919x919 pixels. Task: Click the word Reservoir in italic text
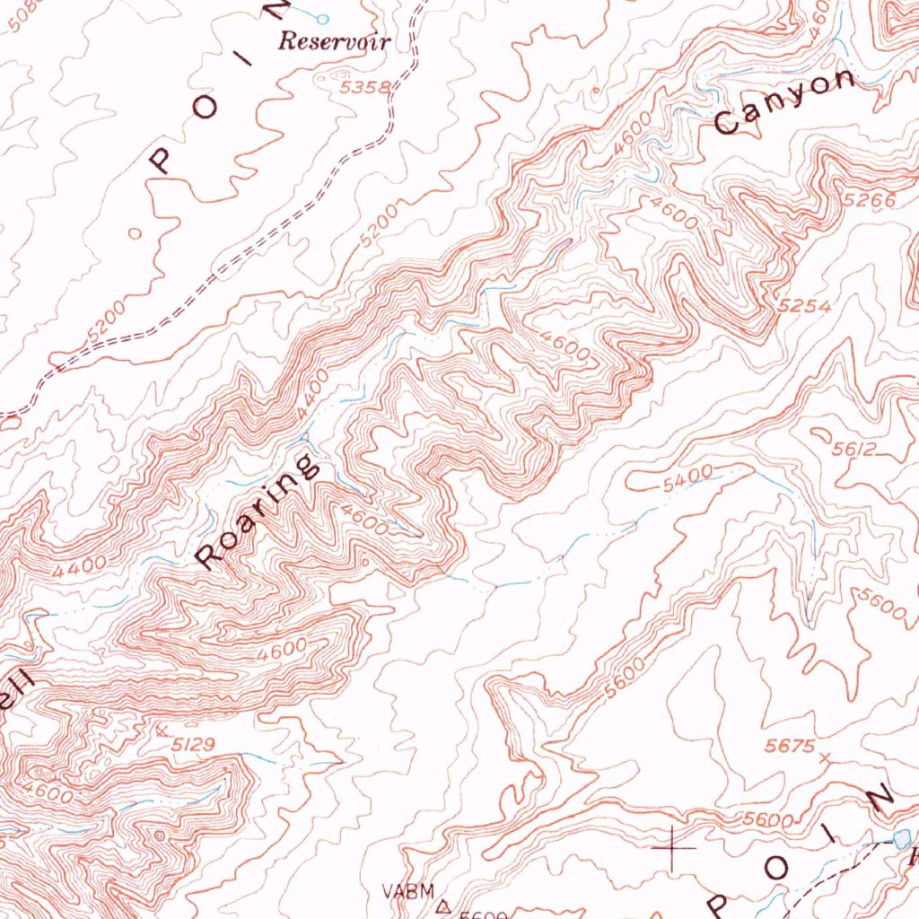point(335,41)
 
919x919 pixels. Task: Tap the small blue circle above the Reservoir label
point(323,18)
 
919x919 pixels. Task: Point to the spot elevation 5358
point(365,87)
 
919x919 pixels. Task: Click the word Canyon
point(784,102)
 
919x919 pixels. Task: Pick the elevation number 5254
point(805,306)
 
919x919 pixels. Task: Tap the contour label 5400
point(687,478)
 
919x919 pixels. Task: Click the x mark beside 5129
point(162,731)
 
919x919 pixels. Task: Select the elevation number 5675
point(789,746)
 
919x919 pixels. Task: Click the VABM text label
point(407,891)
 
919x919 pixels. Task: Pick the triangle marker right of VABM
point(441,906)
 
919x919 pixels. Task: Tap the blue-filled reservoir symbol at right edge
point(902,837)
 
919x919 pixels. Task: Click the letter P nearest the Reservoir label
point(161,160)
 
